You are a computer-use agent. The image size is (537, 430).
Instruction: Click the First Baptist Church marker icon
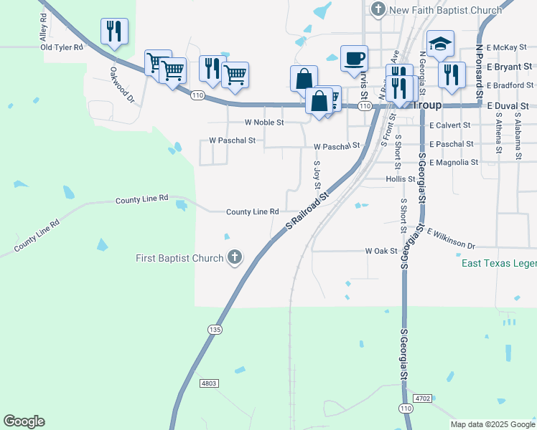click(235, 258)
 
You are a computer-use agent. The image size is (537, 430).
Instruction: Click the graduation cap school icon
click(440, 44)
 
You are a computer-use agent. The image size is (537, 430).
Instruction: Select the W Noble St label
click(264, 123)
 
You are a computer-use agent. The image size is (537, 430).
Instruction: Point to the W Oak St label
click(380, 251)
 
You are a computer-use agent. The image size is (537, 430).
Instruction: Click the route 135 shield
click(214, 329)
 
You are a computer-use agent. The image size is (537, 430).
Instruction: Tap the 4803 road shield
click(209, 383)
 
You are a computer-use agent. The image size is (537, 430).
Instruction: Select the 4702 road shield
click(422, 397)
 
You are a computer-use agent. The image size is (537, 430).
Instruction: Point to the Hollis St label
click(401, 179)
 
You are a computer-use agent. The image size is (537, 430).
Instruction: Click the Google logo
click(24, 421)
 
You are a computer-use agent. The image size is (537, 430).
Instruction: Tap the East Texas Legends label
click(498, 264)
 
